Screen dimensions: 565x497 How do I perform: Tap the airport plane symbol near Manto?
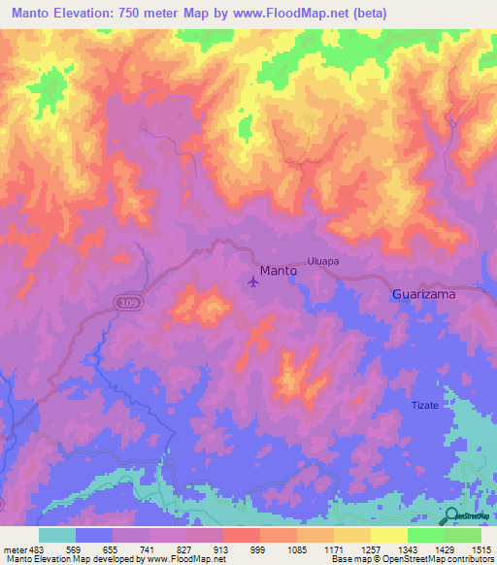coord(254,282)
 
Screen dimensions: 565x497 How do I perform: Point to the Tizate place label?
coord(426,405)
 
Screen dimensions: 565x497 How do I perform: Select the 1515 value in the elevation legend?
coord(480,548)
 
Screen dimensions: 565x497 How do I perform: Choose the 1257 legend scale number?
coord(370,548)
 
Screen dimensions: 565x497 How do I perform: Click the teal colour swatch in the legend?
coord(57,535)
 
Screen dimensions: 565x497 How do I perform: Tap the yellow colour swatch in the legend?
coord(388,535)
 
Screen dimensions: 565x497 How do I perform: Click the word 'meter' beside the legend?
coord(14,548)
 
